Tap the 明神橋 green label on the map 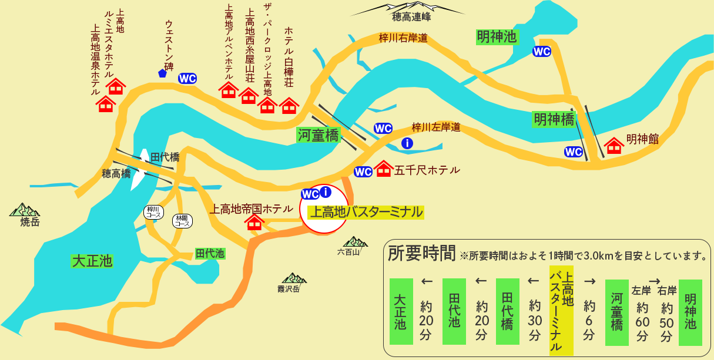pos(554,119)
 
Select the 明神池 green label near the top pos(497,38)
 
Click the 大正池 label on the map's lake pos(92,260)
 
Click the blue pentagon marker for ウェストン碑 pos(162,73)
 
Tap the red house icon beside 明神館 pos(614,144)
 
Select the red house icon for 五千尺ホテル pos(384,169)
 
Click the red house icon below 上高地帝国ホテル pos(254,222)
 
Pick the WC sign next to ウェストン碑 pos(187,79)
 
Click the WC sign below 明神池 pos(541,52)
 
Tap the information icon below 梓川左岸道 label pos(406,143)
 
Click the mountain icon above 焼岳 pos(24,209)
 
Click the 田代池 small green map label pos(210,254)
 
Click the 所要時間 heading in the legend pos(421,253)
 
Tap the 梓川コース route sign pos(153,212)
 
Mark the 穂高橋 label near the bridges pos(116,173)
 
